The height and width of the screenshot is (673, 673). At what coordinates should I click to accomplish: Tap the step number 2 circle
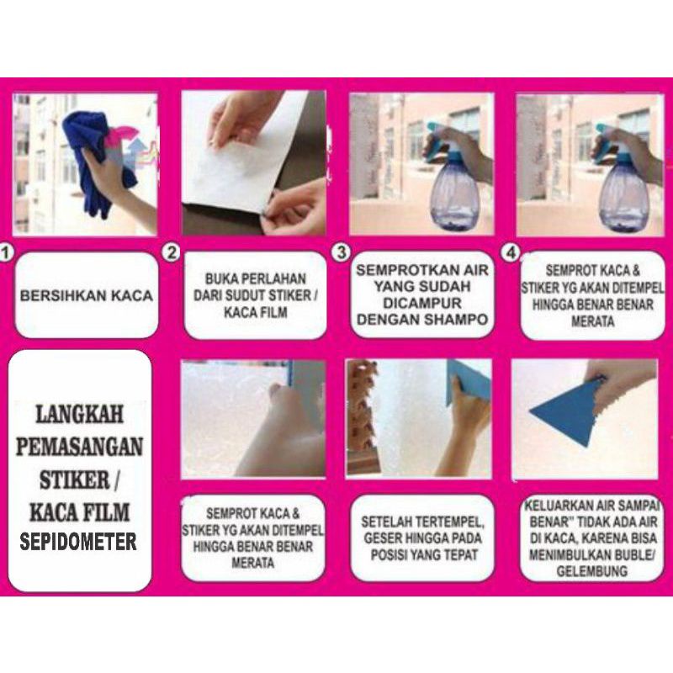coord(172,252)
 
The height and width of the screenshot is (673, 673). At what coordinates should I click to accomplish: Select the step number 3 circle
coord(342,252)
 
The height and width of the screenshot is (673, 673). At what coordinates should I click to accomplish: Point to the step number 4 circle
coord(511,252)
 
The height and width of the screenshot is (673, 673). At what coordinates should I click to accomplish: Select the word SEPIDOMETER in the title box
coord(78,542)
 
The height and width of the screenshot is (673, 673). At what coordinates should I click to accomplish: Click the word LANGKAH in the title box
coord(79,414)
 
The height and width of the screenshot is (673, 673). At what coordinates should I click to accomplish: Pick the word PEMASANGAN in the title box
coord(79,447)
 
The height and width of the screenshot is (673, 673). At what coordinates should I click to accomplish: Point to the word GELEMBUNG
coord(592,571)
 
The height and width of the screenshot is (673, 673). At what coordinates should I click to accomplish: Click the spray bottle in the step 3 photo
coord(451,180)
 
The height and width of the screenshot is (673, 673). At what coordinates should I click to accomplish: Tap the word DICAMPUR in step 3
coord(422,303)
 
